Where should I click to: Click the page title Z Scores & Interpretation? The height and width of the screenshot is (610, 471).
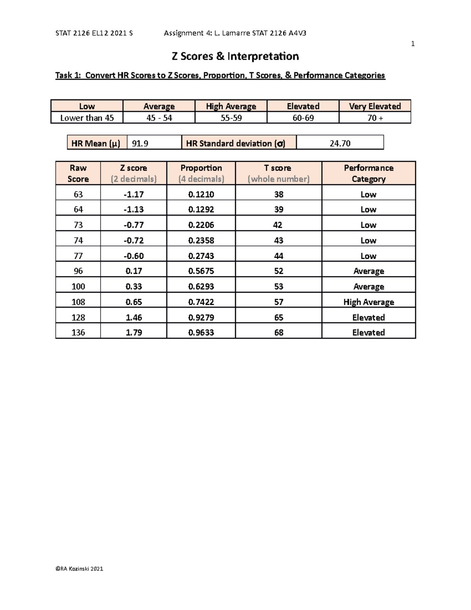tap(235, 56)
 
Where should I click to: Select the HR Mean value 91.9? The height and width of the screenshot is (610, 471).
tap(140, 143)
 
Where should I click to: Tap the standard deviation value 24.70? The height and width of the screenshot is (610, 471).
tap(340, 143)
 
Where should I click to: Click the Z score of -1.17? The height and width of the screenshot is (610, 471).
tap(133, 194)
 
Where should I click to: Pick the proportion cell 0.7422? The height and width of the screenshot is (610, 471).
tap(201, 302)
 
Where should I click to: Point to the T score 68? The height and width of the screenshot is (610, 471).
tap(279, 332)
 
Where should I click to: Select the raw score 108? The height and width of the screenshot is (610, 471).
tap(78, 302)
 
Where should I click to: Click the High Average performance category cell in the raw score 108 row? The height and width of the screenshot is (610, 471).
tap(369, 302)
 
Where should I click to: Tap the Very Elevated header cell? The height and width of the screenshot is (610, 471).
tap(375, 106)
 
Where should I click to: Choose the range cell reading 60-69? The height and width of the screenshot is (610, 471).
tap(303, 118)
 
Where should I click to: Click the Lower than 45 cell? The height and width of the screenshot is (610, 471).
tap(87, 118)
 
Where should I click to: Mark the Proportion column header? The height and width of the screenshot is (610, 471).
tap(201, 173)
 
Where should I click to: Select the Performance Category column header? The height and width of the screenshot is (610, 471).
tap(369, 173)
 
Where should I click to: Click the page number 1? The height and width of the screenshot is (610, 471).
tap(413, 44)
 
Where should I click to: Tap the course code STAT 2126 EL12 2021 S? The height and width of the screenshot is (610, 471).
tap(94, 33)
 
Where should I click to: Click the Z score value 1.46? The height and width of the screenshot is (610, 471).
tap(133, 317)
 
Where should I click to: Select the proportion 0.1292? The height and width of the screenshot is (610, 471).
tap(201, 209)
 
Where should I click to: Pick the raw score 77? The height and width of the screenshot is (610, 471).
tap(78, 256)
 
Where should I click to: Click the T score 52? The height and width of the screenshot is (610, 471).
tap(279, 271)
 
